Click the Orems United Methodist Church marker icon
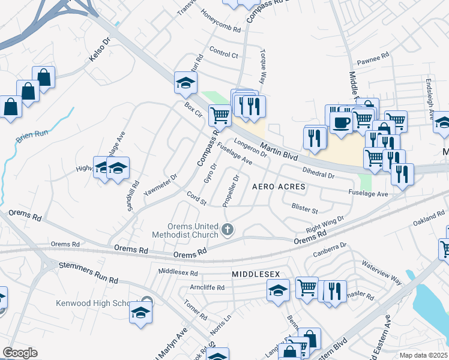[x=228, y=229]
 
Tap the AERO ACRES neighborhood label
[x=279, y=187]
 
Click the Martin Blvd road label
[x=279, y=151]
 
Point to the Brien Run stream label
[x=32, y=137]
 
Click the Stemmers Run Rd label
[x=88, y=273]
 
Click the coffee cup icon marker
[x=342, y=122]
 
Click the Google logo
[x=20, y=353]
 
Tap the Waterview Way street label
[x=381, y=271]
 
